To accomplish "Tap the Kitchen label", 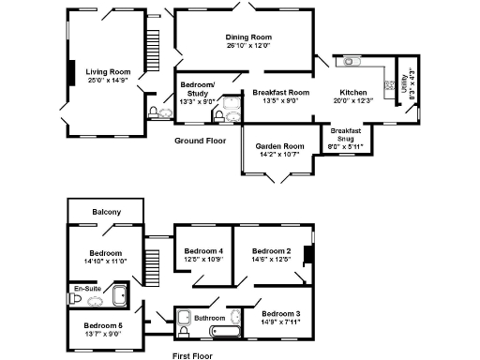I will [353, 93].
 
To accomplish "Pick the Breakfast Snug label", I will [346, 134].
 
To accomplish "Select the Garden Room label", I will [281, 146].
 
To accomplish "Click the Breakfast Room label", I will [281, 93].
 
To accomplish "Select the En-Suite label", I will [87, 289].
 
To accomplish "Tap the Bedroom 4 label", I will [203, 251].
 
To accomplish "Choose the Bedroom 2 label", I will [271, 251].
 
